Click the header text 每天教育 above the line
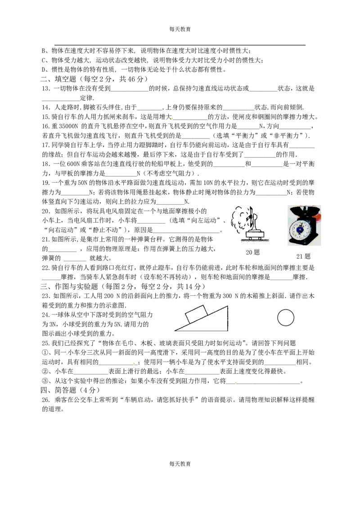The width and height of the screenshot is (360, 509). pos(180,29)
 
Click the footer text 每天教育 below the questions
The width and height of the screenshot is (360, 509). pos(180,464)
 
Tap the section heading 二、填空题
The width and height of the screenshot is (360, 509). pos(58,79)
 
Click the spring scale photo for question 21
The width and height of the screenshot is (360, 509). pos(304,225)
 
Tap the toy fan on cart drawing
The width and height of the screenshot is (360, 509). pos(249,224)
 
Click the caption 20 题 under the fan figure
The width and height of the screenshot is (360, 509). pos(252,252)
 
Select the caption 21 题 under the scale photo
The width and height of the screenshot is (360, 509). pos(303,256)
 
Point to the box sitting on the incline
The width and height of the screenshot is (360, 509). pos(196,314)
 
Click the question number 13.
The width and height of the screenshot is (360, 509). pos(46,89)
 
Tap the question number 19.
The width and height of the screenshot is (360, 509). pos(46,183)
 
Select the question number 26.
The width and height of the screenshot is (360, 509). pos(46,400)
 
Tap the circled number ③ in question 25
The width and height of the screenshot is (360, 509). pos(45,381)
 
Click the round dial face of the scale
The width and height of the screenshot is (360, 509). pos(300,229)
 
